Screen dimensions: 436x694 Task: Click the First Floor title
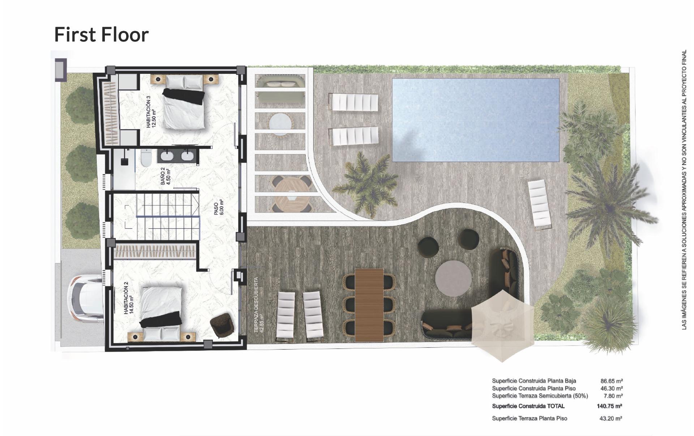101,35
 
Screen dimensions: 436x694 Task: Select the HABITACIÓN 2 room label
128,300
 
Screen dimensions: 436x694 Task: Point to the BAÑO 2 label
165,176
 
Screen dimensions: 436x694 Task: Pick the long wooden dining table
369,305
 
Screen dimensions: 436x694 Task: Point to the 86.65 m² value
611,381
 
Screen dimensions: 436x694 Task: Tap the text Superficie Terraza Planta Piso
529,419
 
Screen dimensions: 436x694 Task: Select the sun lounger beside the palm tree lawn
540,204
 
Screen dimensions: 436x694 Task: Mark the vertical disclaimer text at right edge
684,190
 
